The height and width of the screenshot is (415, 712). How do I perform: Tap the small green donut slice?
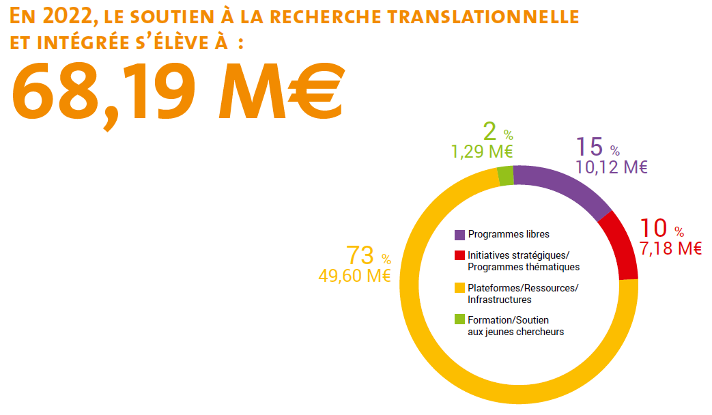[x=505, y=176]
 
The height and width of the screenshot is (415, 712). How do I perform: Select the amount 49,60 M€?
[x=354, y=276]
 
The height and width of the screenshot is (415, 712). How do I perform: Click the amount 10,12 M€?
[x=611, y=167]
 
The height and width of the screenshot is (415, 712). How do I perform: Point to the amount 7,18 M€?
[x=670, y=248]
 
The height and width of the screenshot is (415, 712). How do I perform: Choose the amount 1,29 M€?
[x=482, y=152]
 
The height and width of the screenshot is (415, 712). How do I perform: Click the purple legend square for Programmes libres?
[x=460, y=235]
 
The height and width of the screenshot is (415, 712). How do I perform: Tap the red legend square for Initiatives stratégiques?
[x=460, y=255]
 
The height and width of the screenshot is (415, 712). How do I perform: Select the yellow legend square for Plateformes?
[x=460, y=287]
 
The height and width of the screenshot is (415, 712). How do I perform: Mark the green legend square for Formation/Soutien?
[x=460, y=319]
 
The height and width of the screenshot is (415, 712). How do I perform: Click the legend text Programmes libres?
[x=509, y=235]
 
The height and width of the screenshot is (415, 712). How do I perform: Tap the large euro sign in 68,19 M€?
[x=311, y=89]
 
